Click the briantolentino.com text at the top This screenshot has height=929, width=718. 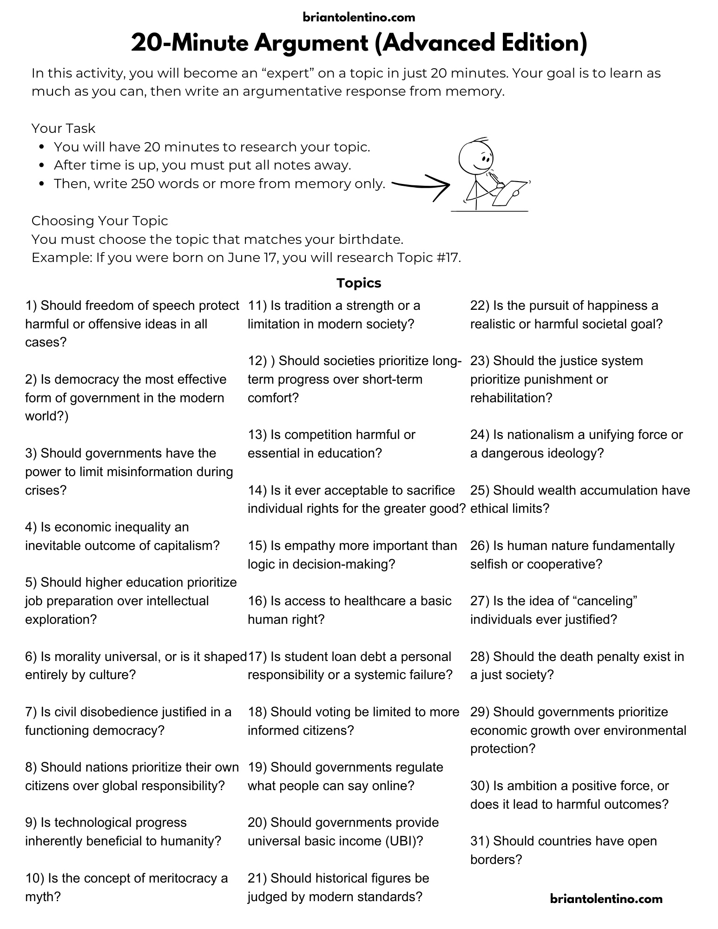tap(359, 18)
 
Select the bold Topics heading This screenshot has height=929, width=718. tap(359, 283)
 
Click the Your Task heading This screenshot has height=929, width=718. tap(63, 128)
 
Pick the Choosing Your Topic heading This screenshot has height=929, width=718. tap(99, 221)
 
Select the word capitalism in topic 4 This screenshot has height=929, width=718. tap(186, 545)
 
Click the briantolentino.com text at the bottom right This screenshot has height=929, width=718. tap(606, 898)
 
